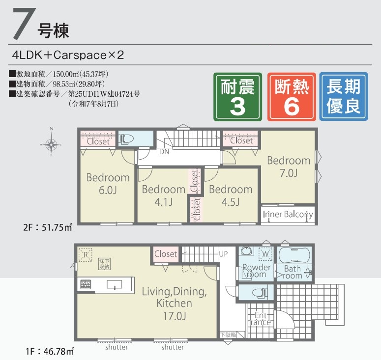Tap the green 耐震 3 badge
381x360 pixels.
[x=238, y=97]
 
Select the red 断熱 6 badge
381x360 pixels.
[x=291, y=97]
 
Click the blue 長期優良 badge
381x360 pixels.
[x=343, y=97]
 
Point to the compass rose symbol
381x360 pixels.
[x=51, y=144]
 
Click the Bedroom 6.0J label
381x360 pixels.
[x=108, y=183]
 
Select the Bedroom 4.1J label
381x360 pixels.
[x=163, y=195]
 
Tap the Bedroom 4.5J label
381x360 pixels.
[x=230, y=195]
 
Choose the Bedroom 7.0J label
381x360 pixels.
[x=289, y=166]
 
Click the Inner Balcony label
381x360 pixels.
[x=288, y=215]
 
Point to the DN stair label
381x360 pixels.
[x=164, y=152]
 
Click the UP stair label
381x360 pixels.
[x=223, y=254]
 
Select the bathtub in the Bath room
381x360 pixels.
[x=294, y=255]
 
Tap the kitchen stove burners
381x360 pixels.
[x=86, y=284]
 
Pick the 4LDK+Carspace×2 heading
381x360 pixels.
[x=69, y=55]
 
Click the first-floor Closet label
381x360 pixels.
[x=166, y=254]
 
